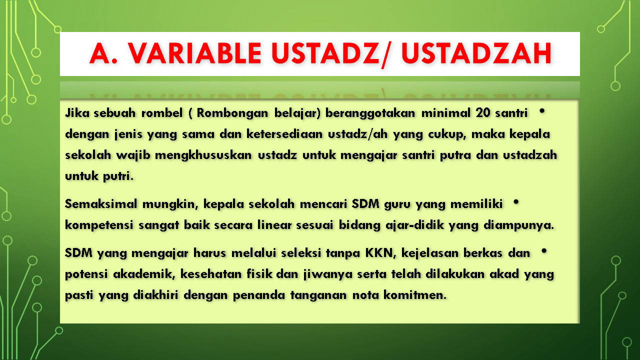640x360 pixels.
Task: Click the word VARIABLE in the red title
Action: (x=194, y=53)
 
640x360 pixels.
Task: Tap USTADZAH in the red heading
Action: (x=477, y=53)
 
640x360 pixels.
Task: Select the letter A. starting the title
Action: (x=103, y=53)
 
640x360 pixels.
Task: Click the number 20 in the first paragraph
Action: (x=483, y=113)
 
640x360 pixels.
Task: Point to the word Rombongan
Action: (x=232, y=113)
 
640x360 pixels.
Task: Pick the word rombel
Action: (x=161, y=113)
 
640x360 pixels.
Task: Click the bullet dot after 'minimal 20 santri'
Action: (x=541, y=111)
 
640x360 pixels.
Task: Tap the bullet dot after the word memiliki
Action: (x=515, y=202)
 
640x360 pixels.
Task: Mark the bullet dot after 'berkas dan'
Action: (x=543, y=251)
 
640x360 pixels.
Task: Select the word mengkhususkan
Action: (x=203, y=155)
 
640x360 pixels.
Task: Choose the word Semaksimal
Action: (x=101, y=204)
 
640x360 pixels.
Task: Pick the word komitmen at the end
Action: (x=415, y=295)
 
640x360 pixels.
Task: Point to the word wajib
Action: (x=133, y=155)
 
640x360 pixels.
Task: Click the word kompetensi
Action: (x=99, y=225)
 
